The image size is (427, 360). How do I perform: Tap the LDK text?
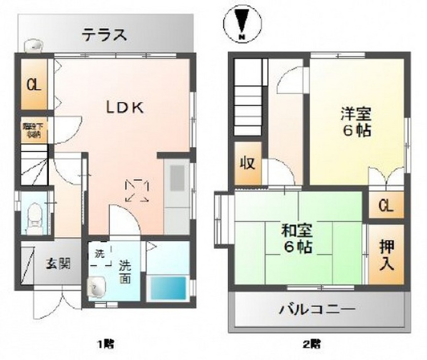[124, 108]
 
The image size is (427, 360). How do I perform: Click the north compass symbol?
[242, 23]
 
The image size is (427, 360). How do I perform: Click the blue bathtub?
[168, 287]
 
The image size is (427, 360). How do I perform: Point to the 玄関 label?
[58, 264]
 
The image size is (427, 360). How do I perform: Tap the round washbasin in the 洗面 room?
[97, 288]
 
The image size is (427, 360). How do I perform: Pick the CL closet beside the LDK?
[34, 86]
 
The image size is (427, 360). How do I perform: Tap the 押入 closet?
[387, 255]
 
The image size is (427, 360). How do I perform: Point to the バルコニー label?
[317, 310]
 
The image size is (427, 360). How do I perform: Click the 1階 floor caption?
[106, 345]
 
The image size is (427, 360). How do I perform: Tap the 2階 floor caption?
[311, 345]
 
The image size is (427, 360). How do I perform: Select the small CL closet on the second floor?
[386, 206]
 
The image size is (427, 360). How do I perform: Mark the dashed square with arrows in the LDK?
[137, 191]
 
